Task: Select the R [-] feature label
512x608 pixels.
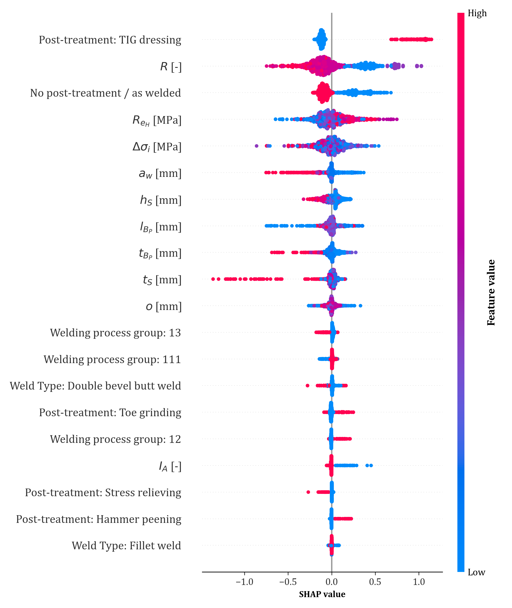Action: coord(171,67)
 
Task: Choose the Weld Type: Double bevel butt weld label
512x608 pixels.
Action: coord(95,386)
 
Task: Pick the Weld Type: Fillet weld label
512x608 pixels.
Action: coord(126,546)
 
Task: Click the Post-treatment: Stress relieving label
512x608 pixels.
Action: coord(103,493)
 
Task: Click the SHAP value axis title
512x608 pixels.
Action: coord(322,594)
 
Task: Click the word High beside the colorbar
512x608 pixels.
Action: coord(477,13)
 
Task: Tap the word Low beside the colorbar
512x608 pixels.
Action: coord(476,572)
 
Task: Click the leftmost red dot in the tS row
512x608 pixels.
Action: coord(213,279)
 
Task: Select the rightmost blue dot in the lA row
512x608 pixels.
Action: coord(371,465)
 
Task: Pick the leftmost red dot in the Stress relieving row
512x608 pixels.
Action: coord(308,492)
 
